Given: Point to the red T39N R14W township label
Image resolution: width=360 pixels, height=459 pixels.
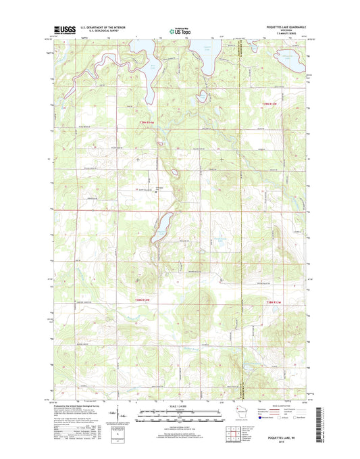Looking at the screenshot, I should tap(146, 122).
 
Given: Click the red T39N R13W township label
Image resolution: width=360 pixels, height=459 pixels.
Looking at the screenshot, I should tap(269, 103).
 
